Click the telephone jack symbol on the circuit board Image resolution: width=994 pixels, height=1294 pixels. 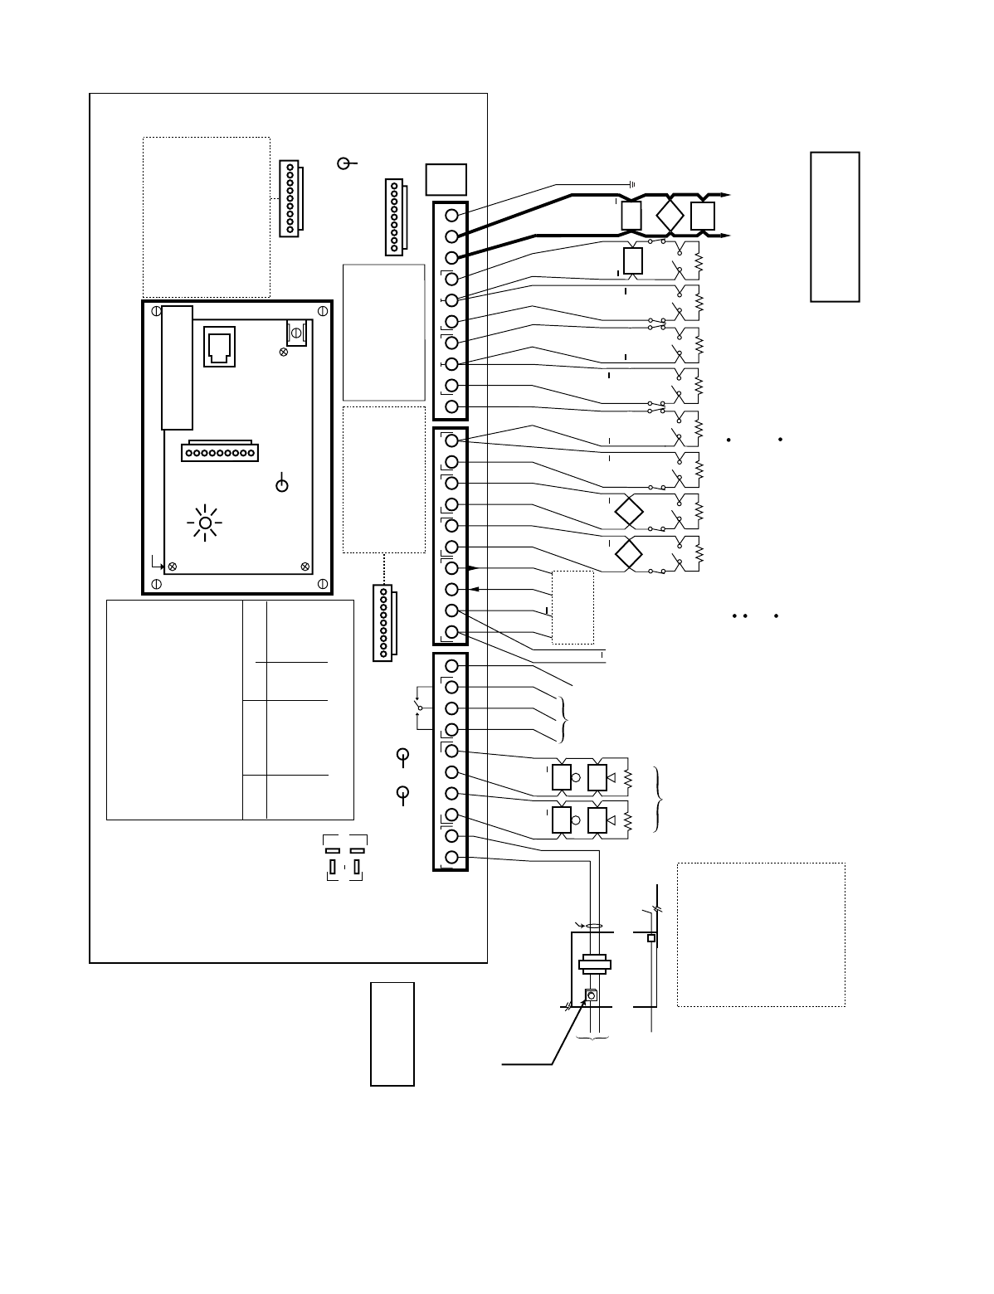pos(219,346)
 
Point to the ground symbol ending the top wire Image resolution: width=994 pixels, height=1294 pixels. pos(632,183)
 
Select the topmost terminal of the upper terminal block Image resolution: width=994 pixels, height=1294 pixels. pos(452,216)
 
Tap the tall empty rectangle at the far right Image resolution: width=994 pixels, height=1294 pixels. pos(835,226)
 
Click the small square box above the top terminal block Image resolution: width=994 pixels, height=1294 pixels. pos(446,179)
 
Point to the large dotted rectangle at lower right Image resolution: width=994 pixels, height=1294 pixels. pos(761,934)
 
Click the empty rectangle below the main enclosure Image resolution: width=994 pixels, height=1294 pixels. pos(392,1033)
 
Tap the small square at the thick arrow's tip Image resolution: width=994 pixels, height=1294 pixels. pos(592,995)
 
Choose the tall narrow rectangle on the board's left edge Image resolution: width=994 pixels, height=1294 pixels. pos(177,367)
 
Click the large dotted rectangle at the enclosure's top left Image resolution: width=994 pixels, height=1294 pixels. pos(207,216)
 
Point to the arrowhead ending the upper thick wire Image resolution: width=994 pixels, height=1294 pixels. pos(726,195)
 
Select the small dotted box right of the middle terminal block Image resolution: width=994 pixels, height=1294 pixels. pos(573,607)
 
